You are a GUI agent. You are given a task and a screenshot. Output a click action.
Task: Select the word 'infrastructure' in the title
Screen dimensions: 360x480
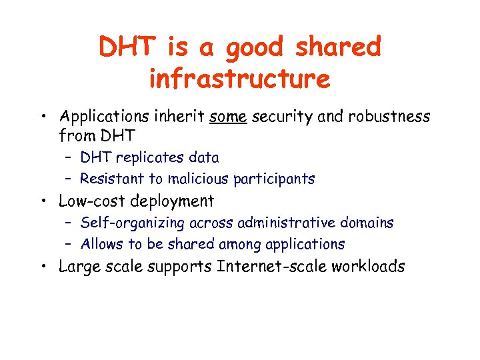point(239,79)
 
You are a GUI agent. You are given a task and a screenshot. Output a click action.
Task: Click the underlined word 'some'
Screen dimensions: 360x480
point(228,117)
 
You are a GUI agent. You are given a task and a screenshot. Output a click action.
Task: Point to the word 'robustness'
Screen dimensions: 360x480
point(389,117)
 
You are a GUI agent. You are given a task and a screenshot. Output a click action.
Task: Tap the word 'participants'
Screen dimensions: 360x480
point(274,179)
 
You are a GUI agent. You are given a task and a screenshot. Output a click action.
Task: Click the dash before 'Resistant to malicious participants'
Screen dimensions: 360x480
point(69,179)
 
